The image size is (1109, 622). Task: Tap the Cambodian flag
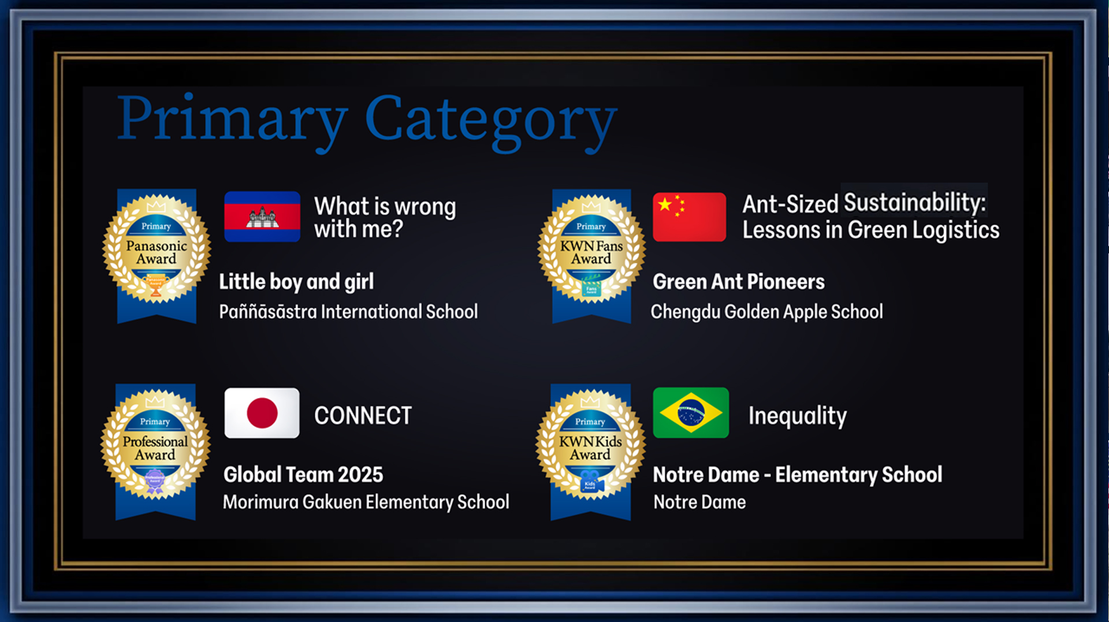pyautogui.click(x=262, y=217)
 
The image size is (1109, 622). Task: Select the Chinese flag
pyautogui.click(x=689, y=217)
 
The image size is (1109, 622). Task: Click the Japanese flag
pyautogui.click(x=262, y=413)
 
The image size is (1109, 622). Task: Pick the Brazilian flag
pyautogui.click(x=691, y=413)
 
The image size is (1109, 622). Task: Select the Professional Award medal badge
pyautogui.click(x=155, y=451)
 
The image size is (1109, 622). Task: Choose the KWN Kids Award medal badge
pyautogui.click(x=590, y=451)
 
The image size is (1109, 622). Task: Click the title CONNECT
pyautogui.click(x=363, y=416)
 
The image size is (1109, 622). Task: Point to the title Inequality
pyautogui.click(x=798, y=416)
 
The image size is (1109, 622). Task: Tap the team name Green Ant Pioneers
pyautogui.click(x=739, y=282)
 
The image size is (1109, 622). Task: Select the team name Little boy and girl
pyautogui.click(x=296, y=282)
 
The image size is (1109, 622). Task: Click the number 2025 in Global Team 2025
pyautogui.click(x=360, y=475)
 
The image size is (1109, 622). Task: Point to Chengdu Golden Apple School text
pyautogui.click(x=766, y=312)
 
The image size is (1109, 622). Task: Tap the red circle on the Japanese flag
pyautogui.click(x=262, y=413)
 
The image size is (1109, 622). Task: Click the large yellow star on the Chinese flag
pyautogui.click(x=665, y=204)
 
